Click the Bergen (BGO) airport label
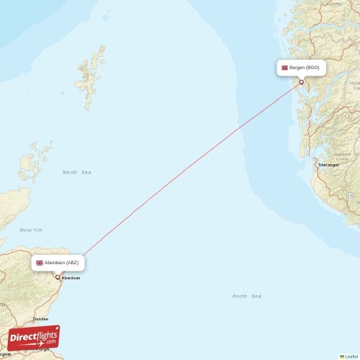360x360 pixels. (301, 68)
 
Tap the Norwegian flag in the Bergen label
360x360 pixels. (285, 68)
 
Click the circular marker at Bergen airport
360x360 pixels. (301, 82)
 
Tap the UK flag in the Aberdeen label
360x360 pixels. (40, 263)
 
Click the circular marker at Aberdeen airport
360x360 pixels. (58, 277)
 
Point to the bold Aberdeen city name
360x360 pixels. (71, 278)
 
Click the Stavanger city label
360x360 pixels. (329, 165)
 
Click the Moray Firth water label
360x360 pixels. (32, 230)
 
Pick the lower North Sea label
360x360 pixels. (247, 296)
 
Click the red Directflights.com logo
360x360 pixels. (34, 337)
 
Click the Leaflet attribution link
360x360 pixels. (351, 356)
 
